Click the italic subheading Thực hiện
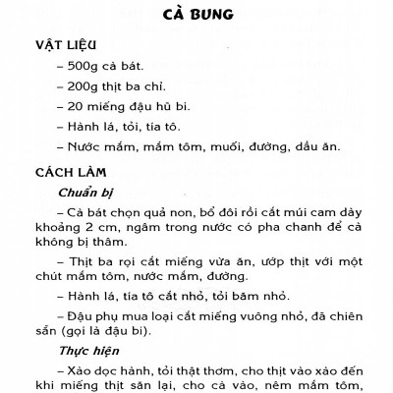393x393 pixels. pyautogui.click(x=86, y=352)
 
